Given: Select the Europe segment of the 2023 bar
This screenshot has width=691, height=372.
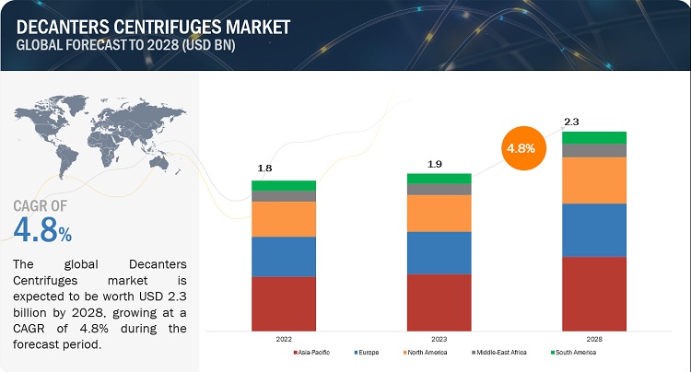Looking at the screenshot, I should pos(439,252).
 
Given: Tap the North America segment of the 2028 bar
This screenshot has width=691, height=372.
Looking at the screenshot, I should pos(594,180).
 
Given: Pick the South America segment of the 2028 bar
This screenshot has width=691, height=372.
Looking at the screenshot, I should pos(594,137).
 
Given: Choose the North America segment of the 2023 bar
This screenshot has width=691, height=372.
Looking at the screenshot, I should pos(439,213).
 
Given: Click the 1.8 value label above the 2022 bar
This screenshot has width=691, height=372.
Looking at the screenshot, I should pos(264,169).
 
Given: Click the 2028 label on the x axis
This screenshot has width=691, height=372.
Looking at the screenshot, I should pos(594,339).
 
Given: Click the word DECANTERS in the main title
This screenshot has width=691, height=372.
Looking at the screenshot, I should pos(56,16).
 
